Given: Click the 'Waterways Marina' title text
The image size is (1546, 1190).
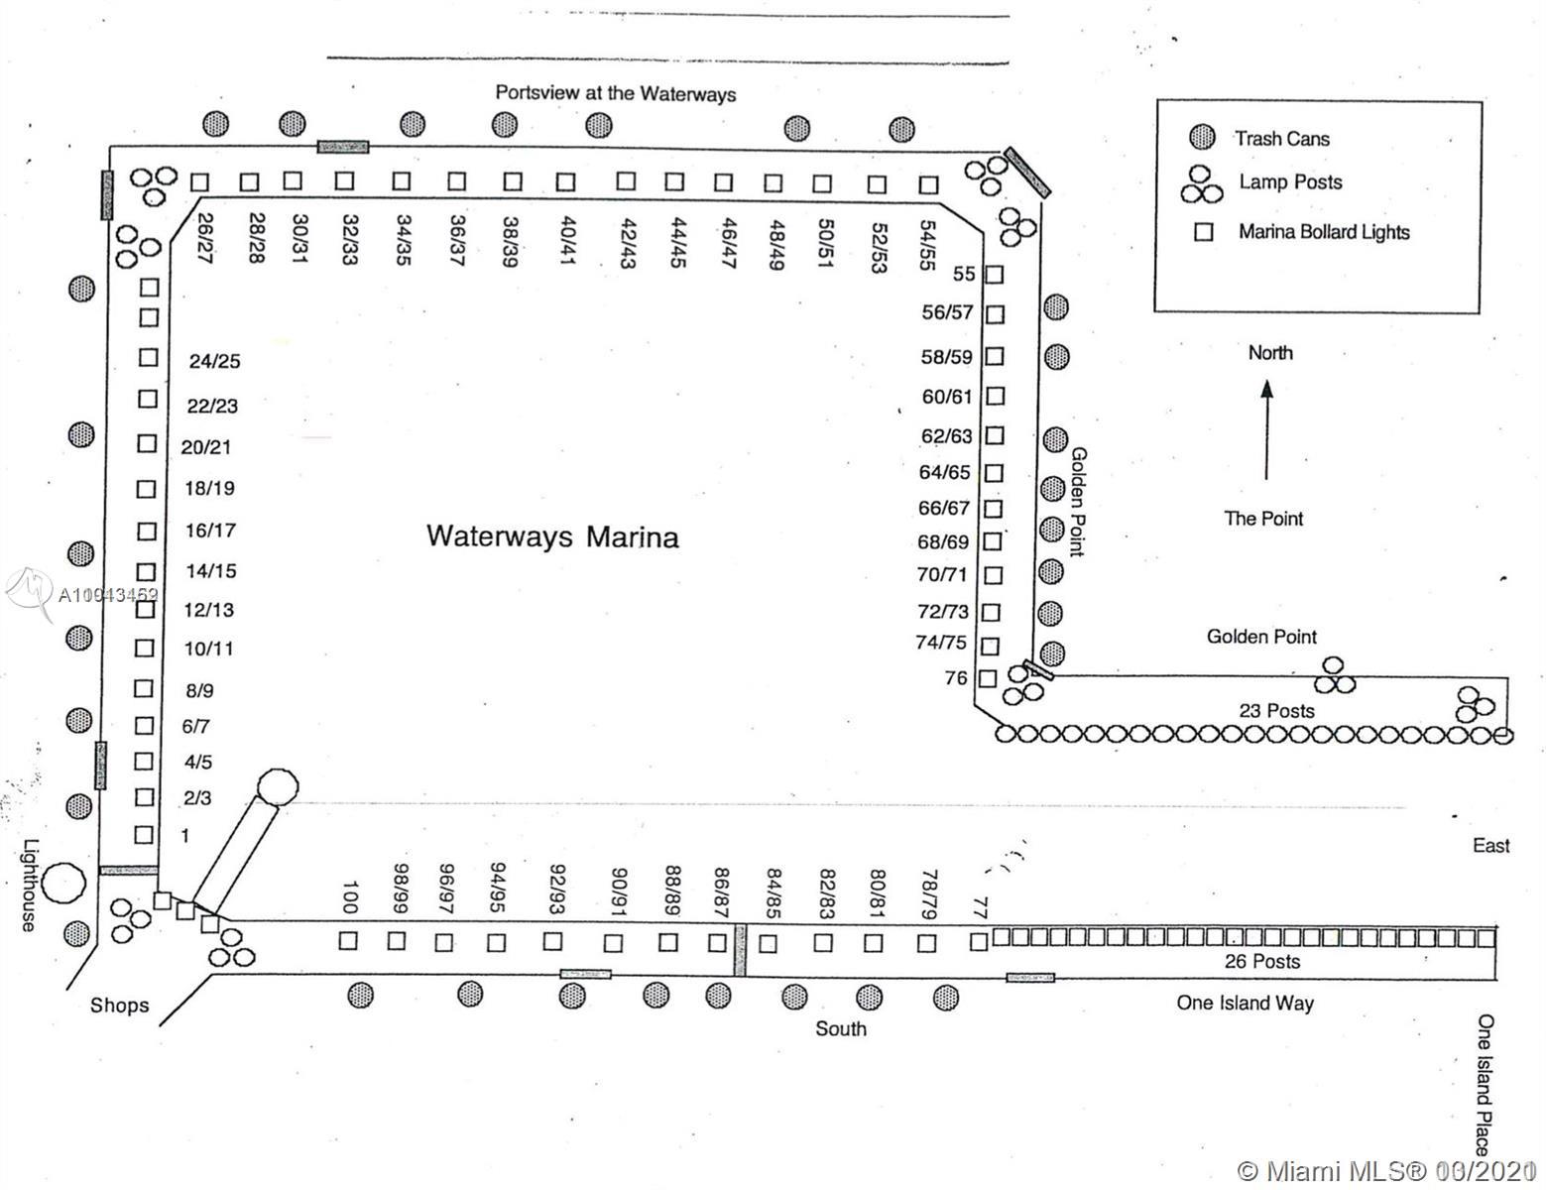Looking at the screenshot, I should coord(552,536).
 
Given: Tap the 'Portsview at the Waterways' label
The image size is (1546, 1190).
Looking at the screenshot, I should coord(616,93).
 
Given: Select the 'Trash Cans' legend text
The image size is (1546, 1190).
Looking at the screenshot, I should coord(1281,139).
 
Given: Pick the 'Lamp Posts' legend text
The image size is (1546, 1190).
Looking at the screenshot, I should coord(1290,182).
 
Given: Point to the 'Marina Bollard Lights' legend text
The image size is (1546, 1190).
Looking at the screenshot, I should coord(1323,232).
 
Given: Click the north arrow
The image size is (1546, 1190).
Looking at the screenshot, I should coord(1266,431).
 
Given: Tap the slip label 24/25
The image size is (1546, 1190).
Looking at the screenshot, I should coord(214,362).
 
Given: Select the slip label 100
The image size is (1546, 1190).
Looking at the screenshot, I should coord(348,896).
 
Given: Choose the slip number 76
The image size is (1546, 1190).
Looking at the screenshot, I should coord(956,678).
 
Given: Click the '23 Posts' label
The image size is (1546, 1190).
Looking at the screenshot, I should coord(1277,710).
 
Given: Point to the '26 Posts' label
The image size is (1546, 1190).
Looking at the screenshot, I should coord(1261,961).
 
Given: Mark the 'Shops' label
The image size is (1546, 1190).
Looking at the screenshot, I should coord(119,1006).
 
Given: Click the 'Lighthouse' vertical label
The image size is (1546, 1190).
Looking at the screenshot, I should coord(30,886).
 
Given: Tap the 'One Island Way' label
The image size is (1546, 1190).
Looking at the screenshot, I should coord(1245,1003).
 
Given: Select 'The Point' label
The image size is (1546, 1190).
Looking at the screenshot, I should coord(1263,519).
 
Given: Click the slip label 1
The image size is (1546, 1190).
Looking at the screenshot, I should coord(184,836).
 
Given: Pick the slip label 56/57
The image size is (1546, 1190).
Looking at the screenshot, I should coord(947,312).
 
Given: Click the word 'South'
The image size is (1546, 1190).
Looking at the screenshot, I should coord(840,1028).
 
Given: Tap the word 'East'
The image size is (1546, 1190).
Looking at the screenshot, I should coord(1490,845).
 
